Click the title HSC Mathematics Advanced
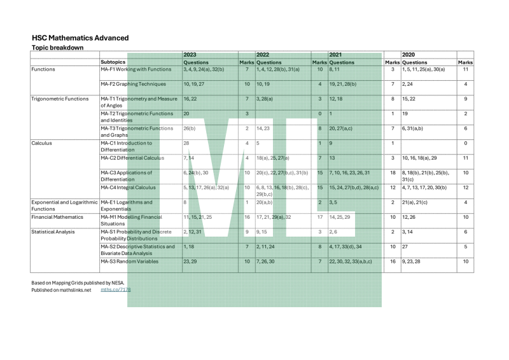pos(80,38)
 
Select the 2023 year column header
pos(190,55)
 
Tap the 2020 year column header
pos(409,55)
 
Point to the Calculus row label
pos(44,144)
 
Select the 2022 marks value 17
pos(319,218)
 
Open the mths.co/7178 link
pos(115,290)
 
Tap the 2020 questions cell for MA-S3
pos(413,261)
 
